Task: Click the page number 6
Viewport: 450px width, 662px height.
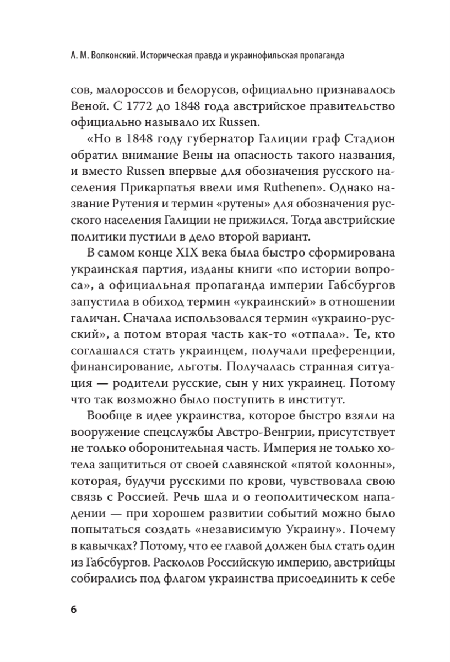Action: tap(74, 610)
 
